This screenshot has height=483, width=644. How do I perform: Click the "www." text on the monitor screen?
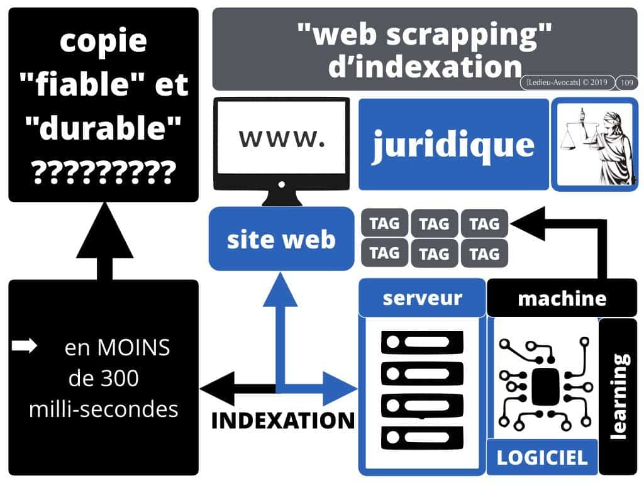click(282, 139)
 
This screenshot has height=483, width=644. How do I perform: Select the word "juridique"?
click(453, 145)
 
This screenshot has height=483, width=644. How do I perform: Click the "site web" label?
click(281, 240)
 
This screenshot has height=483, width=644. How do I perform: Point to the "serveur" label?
click(422, 297)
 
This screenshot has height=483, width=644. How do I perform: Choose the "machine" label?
click(562, 299)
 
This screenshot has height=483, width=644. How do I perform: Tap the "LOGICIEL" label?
click(541, 457)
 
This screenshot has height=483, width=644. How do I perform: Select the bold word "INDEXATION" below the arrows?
click(283, 420)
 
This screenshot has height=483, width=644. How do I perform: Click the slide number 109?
click(626, 82)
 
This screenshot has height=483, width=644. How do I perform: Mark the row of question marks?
click(103, 171)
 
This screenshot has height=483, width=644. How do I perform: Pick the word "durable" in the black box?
click(103, 128)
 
